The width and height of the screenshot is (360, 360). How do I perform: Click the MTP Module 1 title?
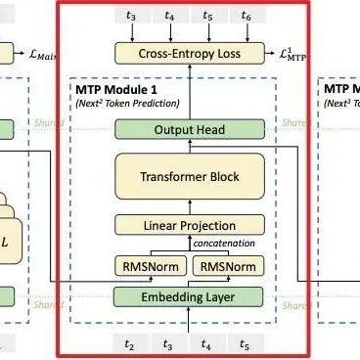coord(116,89)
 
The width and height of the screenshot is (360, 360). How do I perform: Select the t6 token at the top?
coord(247,17)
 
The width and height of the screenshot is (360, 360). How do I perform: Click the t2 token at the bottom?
coord(128,343)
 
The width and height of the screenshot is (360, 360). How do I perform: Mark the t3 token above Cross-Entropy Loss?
coord(132,17)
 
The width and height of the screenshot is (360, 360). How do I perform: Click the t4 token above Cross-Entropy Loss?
coord(170,17)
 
